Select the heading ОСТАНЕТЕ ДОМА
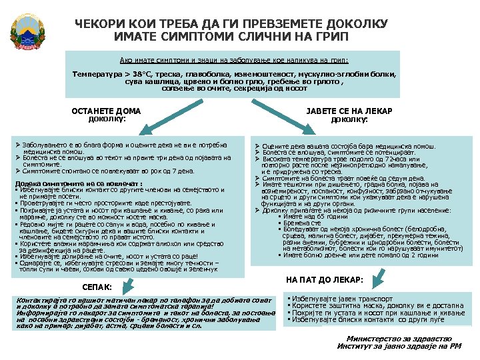(x=106, y=111)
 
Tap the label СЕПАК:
(x=96, y=287)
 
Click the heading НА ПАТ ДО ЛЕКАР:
(x=324, y=279)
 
